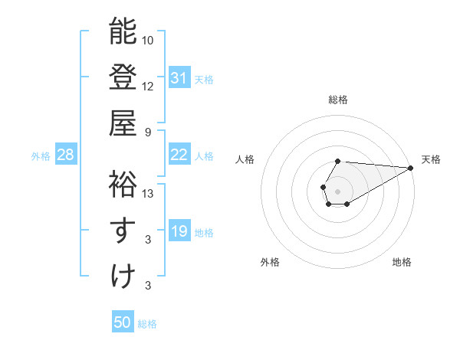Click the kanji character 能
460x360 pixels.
point(123,32)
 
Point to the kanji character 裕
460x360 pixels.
point(123,184)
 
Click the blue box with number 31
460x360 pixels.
point(179,77)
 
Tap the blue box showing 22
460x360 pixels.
point(179,155)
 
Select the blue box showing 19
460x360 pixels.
point(179,231)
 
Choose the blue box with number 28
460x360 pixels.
point(65,155)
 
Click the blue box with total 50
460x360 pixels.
point(123,322)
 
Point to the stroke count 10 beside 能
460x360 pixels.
point(148,39)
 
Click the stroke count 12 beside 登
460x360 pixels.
point(148,85)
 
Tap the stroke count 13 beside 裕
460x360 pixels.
point(148,193)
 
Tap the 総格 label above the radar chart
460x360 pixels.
point(337,100)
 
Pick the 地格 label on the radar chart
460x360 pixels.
point(402,262)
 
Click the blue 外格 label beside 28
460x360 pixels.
point(41,156)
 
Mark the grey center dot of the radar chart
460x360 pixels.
point(337,190)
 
